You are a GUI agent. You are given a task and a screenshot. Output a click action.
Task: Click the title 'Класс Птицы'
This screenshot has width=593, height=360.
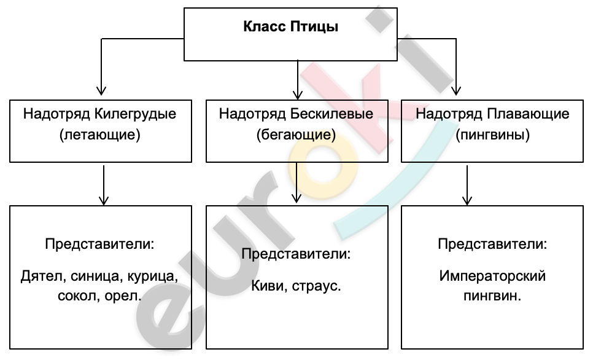click(x=290, y=27)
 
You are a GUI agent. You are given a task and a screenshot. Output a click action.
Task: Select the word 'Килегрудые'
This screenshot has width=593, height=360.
click(x=135, y=114)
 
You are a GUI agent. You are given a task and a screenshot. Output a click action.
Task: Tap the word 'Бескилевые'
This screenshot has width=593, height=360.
click(x=331, y=114)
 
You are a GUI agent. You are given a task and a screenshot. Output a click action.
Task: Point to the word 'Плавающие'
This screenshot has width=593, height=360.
click(x=528, y=114)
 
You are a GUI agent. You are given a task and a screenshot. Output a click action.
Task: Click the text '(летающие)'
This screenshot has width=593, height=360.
click(x=100, y=135)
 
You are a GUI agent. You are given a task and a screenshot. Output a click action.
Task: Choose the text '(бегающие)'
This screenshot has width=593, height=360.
click(x=296, y=135)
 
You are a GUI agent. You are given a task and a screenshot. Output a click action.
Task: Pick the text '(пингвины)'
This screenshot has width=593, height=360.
click(x=492, y=135)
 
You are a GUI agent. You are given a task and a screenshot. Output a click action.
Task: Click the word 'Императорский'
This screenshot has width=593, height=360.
click(x=492, y=276)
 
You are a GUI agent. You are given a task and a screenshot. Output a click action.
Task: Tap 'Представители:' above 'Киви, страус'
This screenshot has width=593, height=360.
click(x=296, y=254)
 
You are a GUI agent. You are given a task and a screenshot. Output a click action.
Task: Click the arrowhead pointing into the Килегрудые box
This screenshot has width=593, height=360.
click(x=101, y=90)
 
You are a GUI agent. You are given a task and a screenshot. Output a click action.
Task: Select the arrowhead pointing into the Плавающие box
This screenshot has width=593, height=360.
click(x=456, y=90)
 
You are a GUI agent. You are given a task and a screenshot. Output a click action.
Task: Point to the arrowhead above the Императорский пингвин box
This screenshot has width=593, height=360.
click(x=467, y=200)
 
